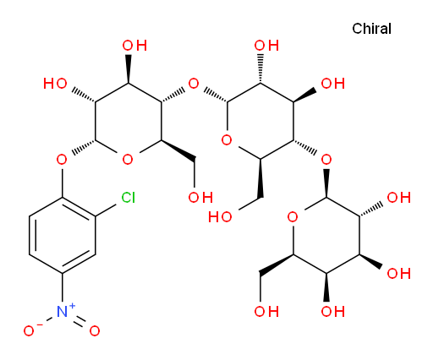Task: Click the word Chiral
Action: click(x=371, y=29)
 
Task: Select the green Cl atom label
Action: click(x=129, y=198)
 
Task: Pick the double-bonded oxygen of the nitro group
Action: click(x=95, y=330)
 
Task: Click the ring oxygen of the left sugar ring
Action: click(x=128, y=160)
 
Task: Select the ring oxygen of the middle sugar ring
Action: click(x=227, y=140)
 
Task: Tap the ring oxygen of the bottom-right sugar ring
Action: click(x=293, y=217)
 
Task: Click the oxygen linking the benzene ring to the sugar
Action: click(x=62, y=160)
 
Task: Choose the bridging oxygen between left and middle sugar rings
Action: click(x=194, y=84)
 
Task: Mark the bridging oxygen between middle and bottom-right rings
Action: click(x=326, y=160)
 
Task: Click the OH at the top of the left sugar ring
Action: click(x=134, y=46)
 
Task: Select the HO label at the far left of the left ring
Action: click(x=55, y=84)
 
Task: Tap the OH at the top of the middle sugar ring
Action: click(x=266, y=46)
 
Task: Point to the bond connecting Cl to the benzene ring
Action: click(x=106, y=210)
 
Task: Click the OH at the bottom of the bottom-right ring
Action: click(x=332, y=312)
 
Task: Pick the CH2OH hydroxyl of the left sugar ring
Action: click(x=200, y=198)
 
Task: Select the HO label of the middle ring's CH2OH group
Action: click(x=220, y=217)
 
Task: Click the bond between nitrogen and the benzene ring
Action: click(x=62, y=287)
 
